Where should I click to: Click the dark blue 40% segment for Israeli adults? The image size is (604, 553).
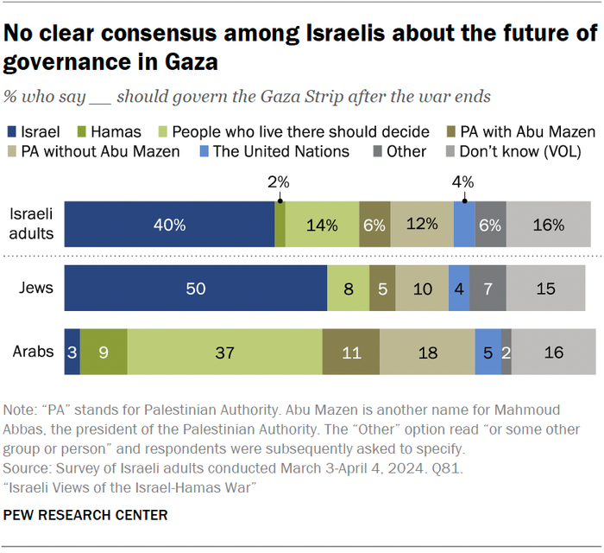[x=170, y=225]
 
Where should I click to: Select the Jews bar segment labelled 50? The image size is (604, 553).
[x=196, y=289]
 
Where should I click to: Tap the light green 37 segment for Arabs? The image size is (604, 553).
[x=224, y=352]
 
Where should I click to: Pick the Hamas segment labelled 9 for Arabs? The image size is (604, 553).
[x=104, y=352]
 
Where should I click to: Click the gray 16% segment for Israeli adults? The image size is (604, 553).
[x=550, y=225]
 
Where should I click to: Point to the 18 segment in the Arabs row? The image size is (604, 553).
[x=427, y=352]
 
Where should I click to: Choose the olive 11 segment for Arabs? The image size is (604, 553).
[x=350, y=352]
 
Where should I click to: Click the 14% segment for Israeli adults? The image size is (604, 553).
[x=322, y=225]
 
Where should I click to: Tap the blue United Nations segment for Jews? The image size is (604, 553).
[x=459, y=289]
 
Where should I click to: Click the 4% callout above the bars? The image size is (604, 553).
[x=464, y=182]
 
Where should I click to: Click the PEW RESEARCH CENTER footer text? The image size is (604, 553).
[x=86, y=515]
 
